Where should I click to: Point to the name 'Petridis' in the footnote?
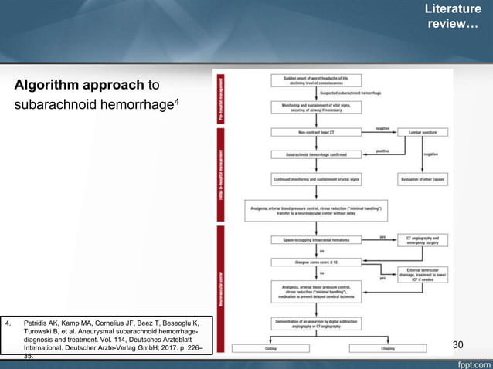(42, 320)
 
